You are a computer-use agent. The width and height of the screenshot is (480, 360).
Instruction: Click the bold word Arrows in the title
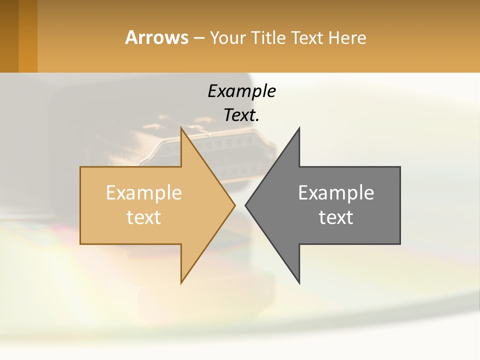[x=156, y=37]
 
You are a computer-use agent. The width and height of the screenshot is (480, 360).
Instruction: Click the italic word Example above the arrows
[x=241, y=91]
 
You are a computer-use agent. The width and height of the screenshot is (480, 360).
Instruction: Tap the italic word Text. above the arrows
[x=241, y=115]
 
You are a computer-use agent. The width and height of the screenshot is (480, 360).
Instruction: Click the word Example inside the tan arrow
[x=144, y=192]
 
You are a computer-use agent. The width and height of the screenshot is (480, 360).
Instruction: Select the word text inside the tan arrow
[x=144, y=217]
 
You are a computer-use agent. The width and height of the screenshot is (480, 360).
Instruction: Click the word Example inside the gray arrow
[x=336, y=192]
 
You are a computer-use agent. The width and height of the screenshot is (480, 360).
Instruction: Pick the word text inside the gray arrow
[x=336, y=217]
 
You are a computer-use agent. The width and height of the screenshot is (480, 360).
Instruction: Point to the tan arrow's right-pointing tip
[x=234, y=205]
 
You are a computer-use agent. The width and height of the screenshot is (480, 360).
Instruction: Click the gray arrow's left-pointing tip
[x=246, y=205]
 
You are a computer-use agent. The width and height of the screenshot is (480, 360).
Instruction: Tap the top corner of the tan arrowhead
[x=181, y=128]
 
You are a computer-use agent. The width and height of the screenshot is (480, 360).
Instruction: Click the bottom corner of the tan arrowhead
[x=181, y=282]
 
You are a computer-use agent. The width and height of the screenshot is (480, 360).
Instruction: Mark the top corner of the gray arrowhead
[x=299, y=128]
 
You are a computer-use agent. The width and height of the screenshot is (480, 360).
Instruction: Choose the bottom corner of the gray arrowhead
[x=299, y=282]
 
